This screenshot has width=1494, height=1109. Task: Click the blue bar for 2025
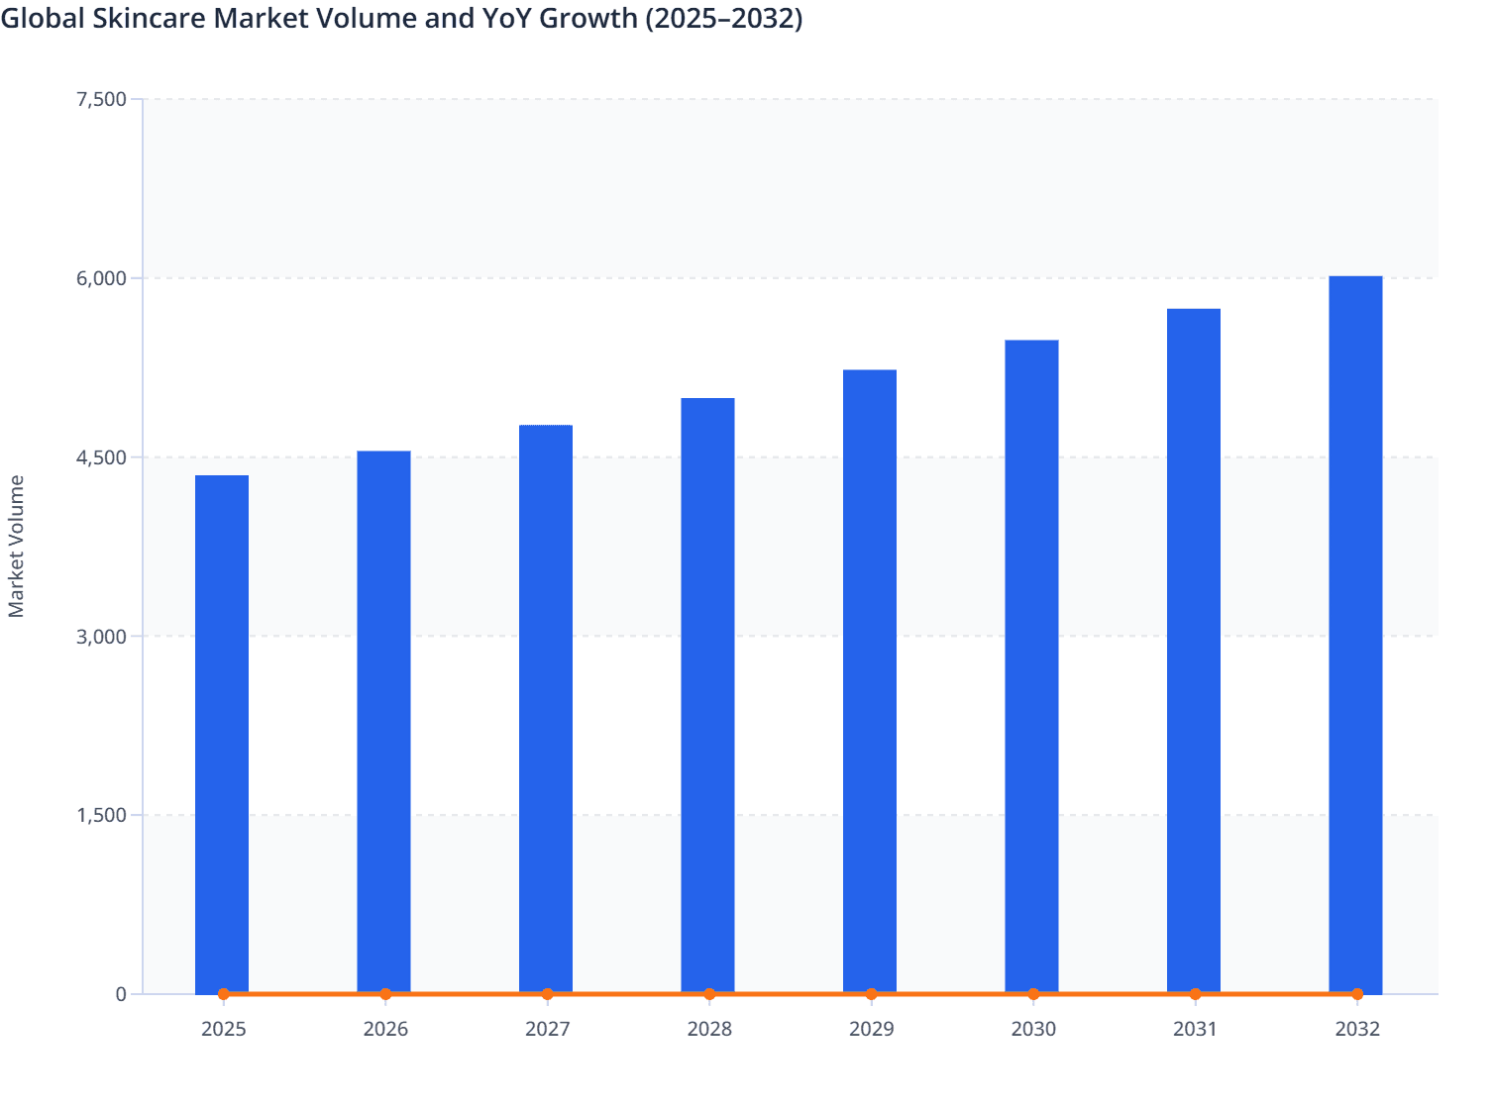click(222, 733)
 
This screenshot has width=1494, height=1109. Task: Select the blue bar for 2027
click(546, 708)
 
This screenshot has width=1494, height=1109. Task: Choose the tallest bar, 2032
click(1355, 634)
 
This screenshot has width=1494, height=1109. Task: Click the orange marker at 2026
click(385, 994)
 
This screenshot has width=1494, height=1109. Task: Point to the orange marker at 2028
click(709, 994)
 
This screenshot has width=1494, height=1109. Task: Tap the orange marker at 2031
click(1195, 994)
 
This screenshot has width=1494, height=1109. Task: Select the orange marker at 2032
click(1357, 994)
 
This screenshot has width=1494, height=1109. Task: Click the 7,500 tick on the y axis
click(101, 99)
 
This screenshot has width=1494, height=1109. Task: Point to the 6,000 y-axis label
click(101, 278)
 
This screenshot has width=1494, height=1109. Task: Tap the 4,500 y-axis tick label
click(101, 457)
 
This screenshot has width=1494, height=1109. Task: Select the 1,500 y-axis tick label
click(101, 815)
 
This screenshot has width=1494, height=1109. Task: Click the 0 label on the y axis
click(121, 994)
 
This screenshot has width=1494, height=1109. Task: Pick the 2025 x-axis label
click(223, 1029)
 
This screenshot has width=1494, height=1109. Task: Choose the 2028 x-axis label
click(709, 1029)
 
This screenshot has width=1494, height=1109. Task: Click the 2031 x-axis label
click(1195, 1029)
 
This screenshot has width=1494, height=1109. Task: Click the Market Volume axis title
click(16, 547)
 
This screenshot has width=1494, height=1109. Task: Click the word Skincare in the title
click(149, 18)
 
